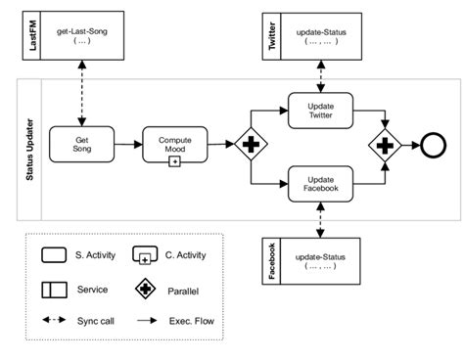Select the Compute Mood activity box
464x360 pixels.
coord(175,145)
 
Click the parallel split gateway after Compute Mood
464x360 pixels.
coord(250,145)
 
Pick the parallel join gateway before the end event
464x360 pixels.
coord(384,145)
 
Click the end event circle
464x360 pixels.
coord(432,145)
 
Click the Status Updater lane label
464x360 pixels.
coord(28,147)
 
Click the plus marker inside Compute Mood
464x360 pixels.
coord(175,160)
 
